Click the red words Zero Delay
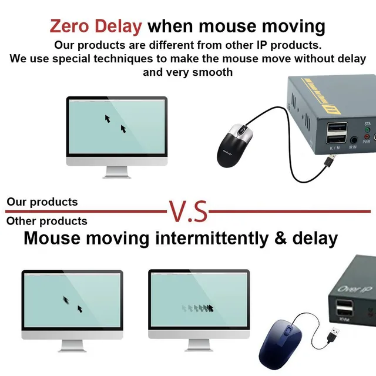coord(96,26)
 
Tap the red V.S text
coord(188,211)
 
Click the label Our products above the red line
coord(42,202)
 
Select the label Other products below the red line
coord(47,221)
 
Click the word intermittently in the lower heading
coord(212,238)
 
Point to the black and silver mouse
coord(234,146)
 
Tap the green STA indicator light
coord(367,130)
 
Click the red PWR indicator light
coord(367,137)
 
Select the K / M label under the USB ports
coord(335,148)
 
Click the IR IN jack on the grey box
coord(354,140)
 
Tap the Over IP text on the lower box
coord(355,289)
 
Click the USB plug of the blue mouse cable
coord(334,334)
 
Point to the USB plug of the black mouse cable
coord(330,160)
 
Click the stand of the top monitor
coord(117,172)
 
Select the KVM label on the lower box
coord(344,320)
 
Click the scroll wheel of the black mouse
coord(241,130)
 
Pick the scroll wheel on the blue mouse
coord(287,332)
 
